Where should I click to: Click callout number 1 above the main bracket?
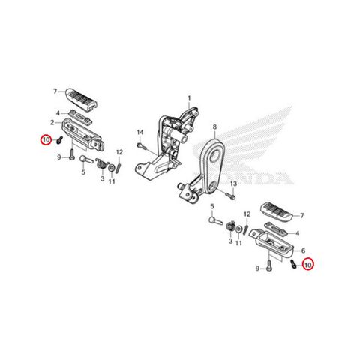pyautogui.click(x=189, y=98)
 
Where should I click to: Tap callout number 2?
pyautogui.click(x=52, y=123)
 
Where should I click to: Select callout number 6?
pyautogui.click(x=303, y=250)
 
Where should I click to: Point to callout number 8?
pyautogui.click(x=214, y=127)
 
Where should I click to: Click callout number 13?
pyautogui.click(x=233, y=184)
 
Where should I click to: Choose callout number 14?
pyautogui.click(x=140, y=132)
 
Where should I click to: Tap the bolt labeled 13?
pyautogui.click(x=230, y=196)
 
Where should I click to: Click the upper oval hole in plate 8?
pyautogui.click(x=214, y=157)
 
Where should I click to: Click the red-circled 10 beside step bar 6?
pyautogui.click(x=307, y=265)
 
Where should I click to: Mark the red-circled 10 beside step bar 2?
pyautogui.click(x=46, y=140)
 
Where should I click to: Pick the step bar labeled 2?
pyautogui.click(x=82, y=134)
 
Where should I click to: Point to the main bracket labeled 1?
pyautogui.click(x=165, y=144)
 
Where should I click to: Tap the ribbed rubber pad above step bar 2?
pyautogui.click(x=81, y=99)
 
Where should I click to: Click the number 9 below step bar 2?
pyautogui.click(x=59, y=157)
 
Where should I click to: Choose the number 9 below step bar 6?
pyautogui.click(x=257, y=268)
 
